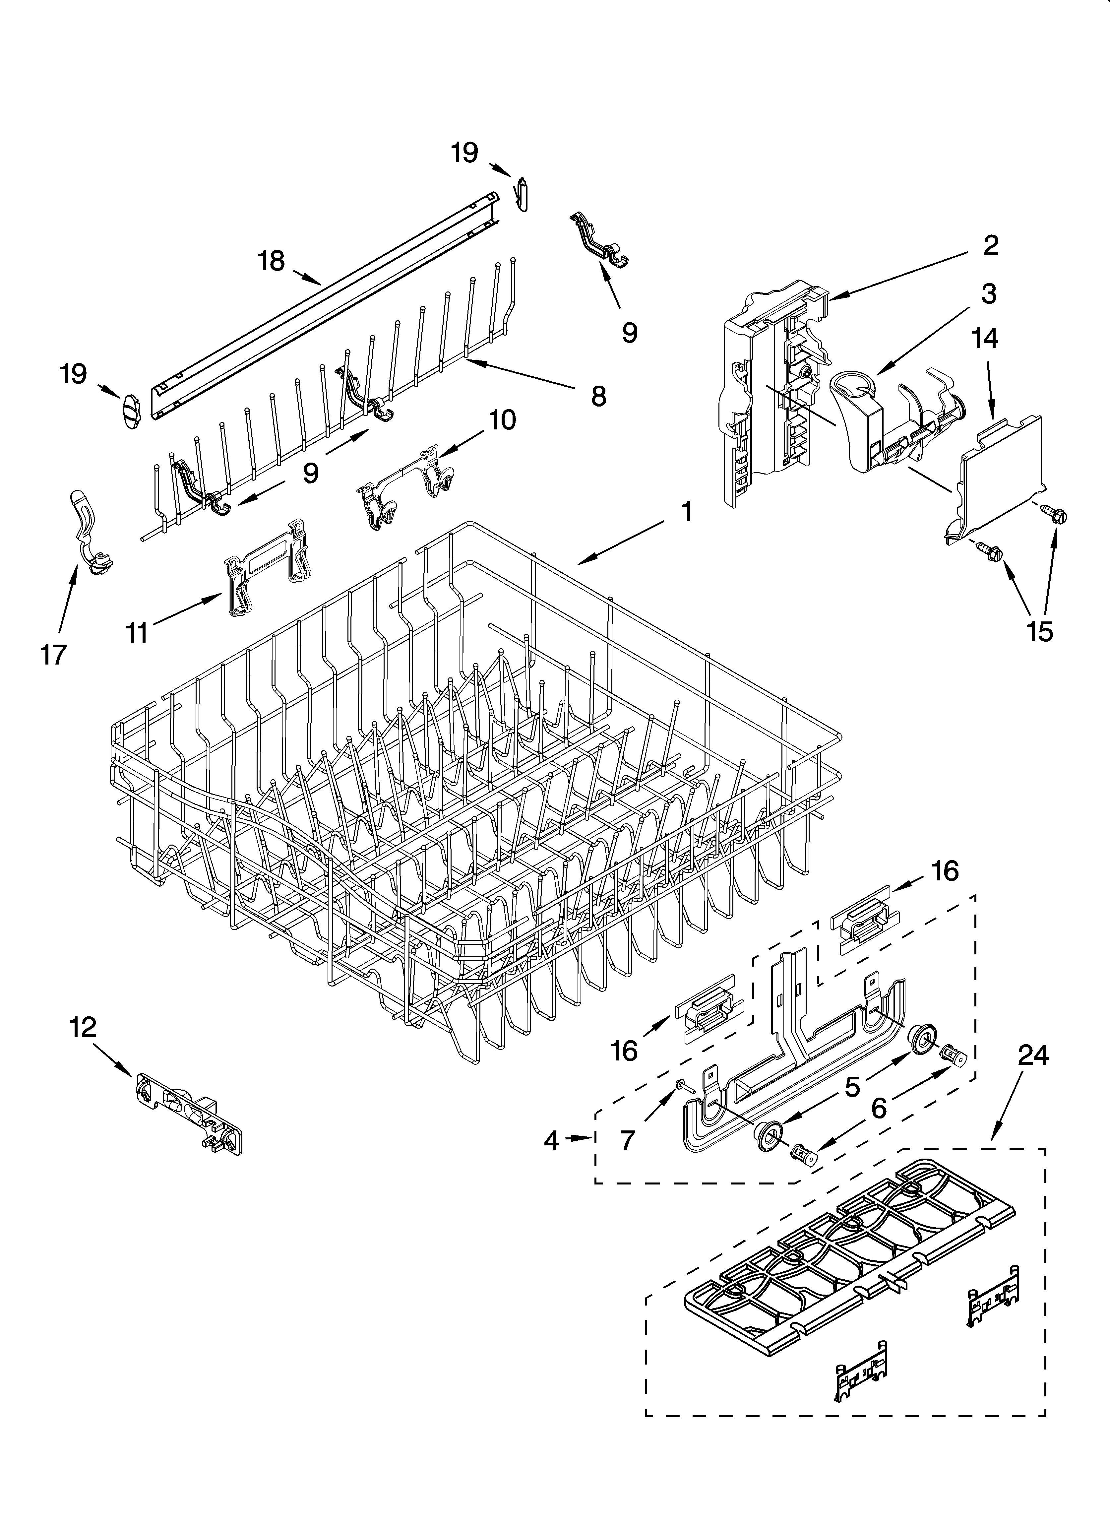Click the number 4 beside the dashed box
552,1141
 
